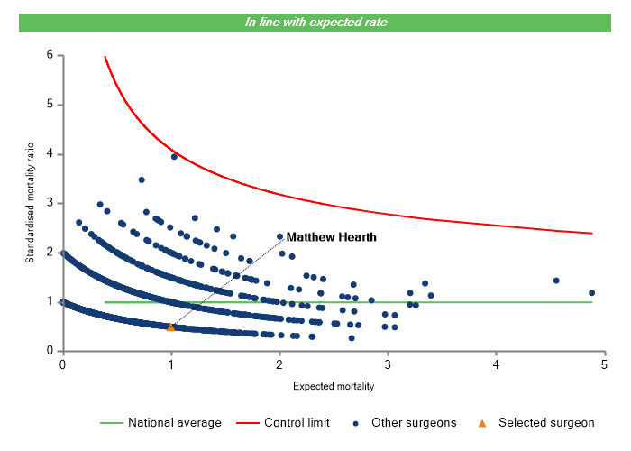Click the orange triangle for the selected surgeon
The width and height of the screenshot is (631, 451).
tap(170, 327)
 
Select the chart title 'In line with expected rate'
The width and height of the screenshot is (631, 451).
tap(315, 22)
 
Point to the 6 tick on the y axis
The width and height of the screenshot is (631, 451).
tap(50, 56)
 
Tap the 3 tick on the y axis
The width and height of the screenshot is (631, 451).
tap(50, 203)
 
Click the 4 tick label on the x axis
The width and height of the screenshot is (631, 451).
tap(497, 364)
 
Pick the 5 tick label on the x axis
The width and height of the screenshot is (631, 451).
tap(605, 364)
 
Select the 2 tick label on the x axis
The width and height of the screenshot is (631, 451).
tap(279, 364)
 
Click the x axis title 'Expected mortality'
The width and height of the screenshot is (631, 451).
tap(334, 386)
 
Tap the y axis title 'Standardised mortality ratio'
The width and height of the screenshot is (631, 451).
tap(30, 203)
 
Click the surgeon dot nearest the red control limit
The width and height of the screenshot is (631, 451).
tap(174, 157)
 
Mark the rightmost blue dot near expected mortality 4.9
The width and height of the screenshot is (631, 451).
tap(592, 292)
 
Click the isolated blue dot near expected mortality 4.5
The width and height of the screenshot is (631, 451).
tap(556, 281)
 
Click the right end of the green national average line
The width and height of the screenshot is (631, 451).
tap(592, 302)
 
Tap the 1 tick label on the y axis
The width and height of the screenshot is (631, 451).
tap(50, 301)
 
